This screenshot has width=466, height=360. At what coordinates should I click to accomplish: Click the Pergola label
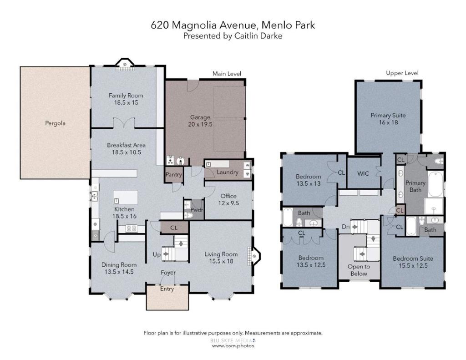click(x=55, y=123)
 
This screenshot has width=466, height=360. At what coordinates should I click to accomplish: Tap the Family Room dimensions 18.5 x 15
click(x=126, y=102)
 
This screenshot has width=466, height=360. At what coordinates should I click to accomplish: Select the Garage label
click(x=200, y=117)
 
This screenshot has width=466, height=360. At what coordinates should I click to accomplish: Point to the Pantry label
click(x=173, y=174)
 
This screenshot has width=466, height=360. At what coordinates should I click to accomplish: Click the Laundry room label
click(x=228, y=172)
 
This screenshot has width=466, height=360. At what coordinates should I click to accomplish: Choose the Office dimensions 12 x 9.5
click(x=228, y=203)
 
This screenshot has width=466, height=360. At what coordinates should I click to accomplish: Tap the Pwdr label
click(x=197, y=210)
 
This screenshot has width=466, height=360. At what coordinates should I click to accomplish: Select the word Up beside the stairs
click(x=157, y=255)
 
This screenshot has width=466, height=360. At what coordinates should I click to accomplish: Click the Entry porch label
click(x=167, y=289)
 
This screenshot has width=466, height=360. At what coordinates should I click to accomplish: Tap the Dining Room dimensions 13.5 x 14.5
click(x=119, y=272)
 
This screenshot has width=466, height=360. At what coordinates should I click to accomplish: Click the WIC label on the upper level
click(x=363, y=173)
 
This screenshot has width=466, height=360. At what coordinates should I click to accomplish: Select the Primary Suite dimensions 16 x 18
click(x=388, y=122)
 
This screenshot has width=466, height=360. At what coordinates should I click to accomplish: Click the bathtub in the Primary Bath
click(x=436, y=183)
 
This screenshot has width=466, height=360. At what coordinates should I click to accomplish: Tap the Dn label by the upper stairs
click(x=346, y=227)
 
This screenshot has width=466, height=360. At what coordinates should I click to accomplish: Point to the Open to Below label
click(x=359, y=270)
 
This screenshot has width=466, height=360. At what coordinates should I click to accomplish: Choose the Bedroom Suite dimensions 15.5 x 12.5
click(x=413, y=265)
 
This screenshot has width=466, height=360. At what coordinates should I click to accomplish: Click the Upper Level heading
click(x=402, y=73)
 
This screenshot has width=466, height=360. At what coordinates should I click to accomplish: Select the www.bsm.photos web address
click(x=233, y=346)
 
